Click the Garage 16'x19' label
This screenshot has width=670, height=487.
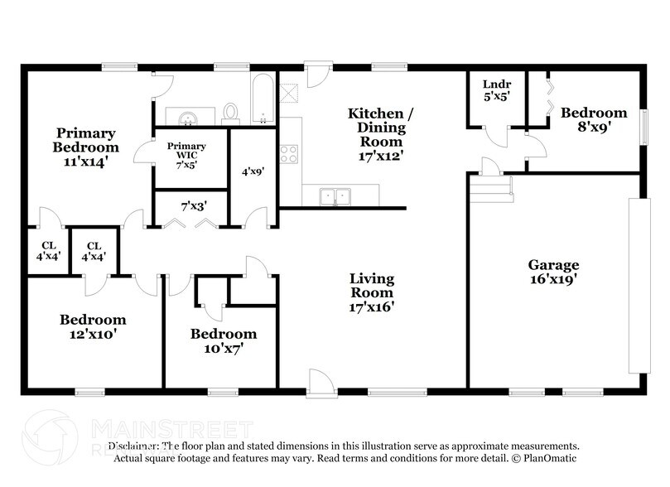click(x=553, y=272)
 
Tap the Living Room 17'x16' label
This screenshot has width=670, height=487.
click(x=370, y=292)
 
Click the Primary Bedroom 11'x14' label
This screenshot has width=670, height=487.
click(x=85, y=147)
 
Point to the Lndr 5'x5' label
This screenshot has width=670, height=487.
click(x=495, y=89)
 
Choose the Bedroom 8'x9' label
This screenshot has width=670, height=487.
click(x=593, y=120)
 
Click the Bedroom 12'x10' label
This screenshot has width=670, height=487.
click(x=93, y=326)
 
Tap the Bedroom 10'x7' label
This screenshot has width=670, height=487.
click(x=223, y=341)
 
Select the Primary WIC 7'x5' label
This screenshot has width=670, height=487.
click(x=186, y=154)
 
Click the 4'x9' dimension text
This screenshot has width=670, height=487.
click(x=253, y=172)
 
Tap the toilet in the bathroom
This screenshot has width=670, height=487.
click(x=232, y=112)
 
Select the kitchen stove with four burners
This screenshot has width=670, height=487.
click(x=289, y=154)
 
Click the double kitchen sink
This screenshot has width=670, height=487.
click(x=336, y=196)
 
